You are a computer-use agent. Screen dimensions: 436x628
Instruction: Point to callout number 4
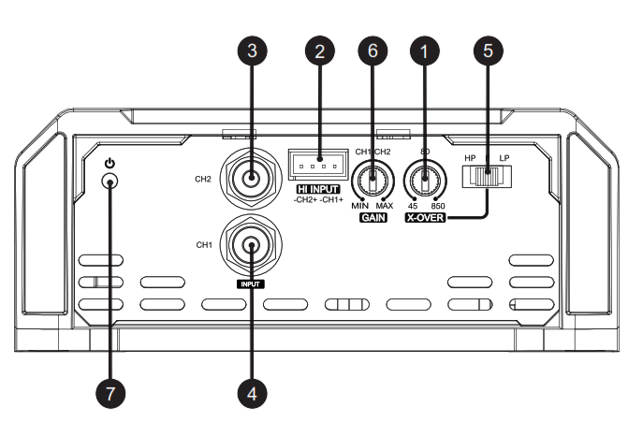click(250, 394)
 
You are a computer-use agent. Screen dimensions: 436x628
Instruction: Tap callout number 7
click(110, 394)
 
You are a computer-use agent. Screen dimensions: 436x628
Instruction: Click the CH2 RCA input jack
click(251, 176)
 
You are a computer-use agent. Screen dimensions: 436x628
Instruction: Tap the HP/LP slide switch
click(486, 176)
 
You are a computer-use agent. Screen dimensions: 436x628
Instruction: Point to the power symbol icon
click(110, 163)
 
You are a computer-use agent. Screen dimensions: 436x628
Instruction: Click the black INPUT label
click(250, 283)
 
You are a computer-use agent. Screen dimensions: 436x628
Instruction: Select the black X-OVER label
click(425, 218)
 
